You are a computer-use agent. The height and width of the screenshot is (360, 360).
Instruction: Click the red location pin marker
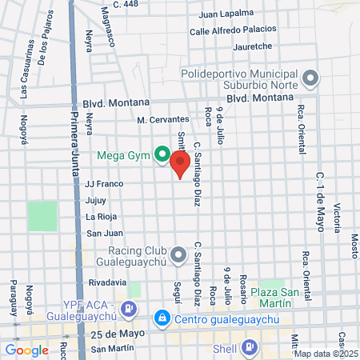(180, 163)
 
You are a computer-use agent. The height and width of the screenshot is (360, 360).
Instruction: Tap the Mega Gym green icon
(162, 154)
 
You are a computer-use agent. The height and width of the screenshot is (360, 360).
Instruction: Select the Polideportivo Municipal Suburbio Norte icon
(310, 78)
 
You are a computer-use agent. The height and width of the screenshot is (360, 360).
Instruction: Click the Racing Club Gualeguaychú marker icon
(178, 253)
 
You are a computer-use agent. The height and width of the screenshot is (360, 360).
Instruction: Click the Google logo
(26, 350)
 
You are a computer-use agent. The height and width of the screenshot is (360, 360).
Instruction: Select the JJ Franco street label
(104, 182)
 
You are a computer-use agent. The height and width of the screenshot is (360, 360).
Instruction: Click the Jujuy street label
(95, 199)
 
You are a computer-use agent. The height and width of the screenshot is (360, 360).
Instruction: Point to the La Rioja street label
(102, 216)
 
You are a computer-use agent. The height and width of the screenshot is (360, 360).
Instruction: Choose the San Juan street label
(104, 233)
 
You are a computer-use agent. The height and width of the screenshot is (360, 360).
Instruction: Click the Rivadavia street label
(107, 282)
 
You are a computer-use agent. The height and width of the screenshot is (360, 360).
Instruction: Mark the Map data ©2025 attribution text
(325, 354)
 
